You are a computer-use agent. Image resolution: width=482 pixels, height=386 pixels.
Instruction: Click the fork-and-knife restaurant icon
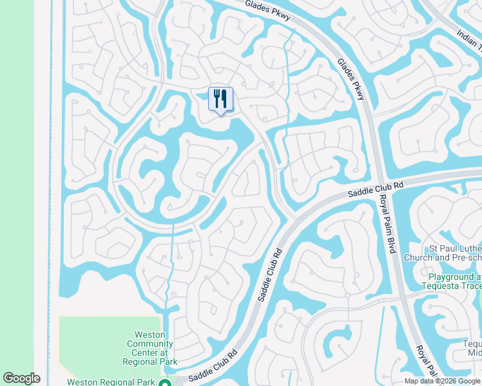pos(220,99)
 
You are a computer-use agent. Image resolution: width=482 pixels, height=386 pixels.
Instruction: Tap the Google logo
pos(21,378)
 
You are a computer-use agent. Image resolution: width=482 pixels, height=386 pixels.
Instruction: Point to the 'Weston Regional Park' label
pos(111,382)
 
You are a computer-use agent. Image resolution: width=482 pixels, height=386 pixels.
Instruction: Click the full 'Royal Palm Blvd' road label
pos(386,223)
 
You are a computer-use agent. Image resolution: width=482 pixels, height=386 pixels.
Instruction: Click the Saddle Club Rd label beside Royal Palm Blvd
pos(376,188)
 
